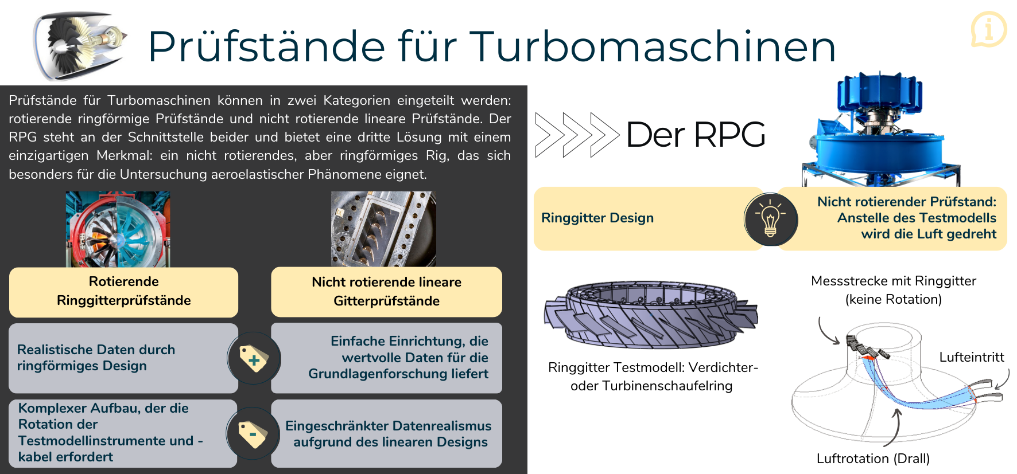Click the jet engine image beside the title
(x=80, y=46)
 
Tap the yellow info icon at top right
(x=988, y=29)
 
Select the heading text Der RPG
(x=696, y=135)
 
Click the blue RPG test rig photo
(x=881, y=130)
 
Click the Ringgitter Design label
(x=597, y=218)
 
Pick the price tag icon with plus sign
(x=254, y=359)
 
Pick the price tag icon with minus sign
(x=253, y=434)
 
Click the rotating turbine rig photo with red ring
(x=118, y=229)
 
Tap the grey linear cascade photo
(x=383, y=229)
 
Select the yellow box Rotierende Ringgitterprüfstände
(x=123, y=292)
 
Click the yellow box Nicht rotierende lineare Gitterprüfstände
(x=386, y=292)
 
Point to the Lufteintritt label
(x=972, y=357)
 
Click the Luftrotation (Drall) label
(x=873, y=459)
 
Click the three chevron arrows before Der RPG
(x=577, y=135)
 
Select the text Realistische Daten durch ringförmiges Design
(x=96, y=358)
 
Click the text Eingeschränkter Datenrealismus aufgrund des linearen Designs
(x=389, y=434)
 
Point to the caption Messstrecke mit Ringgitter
(x=894, y=281)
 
